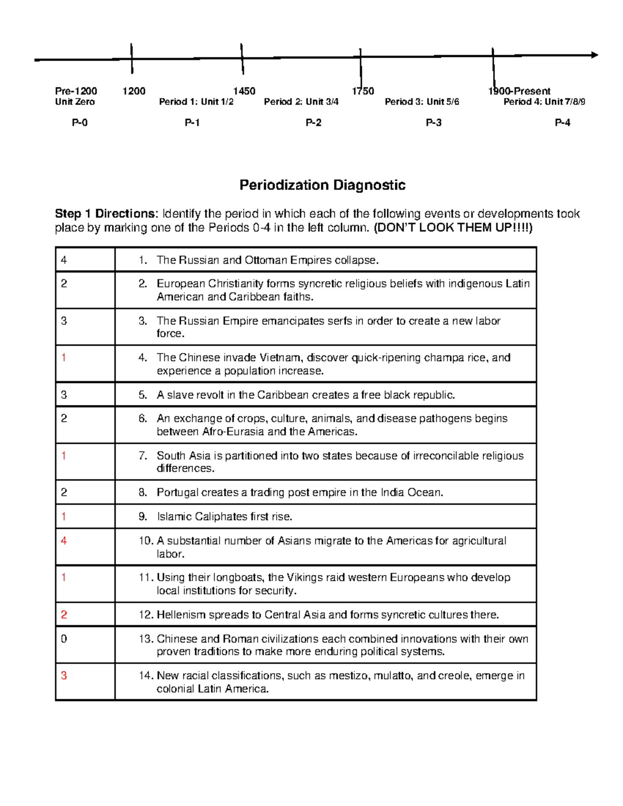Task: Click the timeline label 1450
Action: (244, 91)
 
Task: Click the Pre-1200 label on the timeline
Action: (76, 91)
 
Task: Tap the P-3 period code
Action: (434, 123)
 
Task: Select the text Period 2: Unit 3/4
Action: (301, 102)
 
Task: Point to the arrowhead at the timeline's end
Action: (594, 55)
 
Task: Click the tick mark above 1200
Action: (132, 58)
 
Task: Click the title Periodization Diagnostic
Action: (322, 185)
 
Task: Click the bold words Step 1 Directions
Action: (105, 214)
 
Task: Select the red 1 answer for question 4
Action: (64, 358)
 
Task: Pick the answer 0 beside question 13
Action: (64, 639)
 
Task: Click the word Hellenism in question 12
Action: (181, 615)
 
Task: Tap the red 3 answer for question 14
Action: (64, 676)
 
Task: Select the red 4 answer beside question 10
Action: (64, 541)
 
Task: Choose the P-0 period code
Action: (79, 123)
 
